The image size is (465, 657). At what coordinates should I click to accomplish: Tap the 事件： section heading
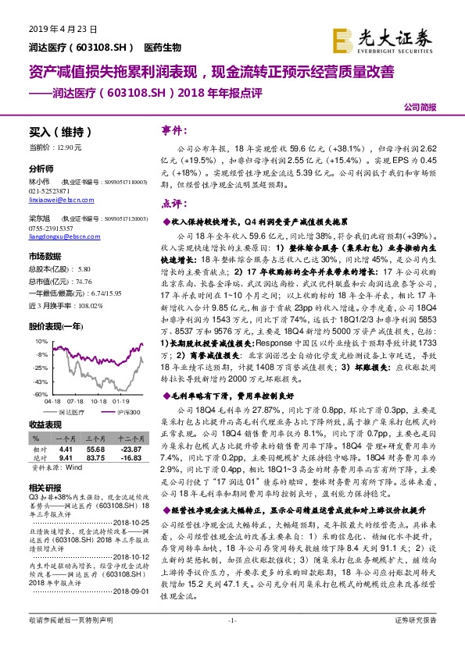point(173,129)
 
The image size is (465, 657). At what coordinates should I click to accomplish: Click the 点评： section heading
point(172,204)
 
